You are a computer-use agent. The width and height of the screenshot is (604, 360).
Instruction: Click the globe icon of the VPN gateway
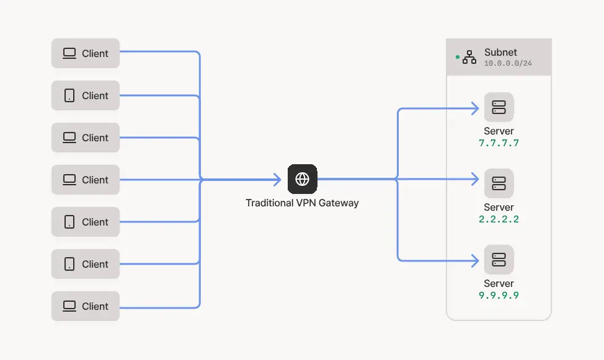tap(303, 179)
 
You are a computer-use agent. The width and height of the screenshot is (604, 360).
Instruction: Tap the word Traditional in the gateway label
tap(270, 203)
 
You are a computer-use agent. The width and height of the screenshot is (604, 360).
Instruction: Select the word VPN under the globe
tap(306, 203)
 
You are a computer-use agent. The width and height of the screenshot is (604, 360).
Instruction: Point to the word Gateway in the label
tap(339, 203)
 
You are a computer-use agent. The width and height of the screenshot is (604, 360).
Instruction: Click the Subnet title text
tap(500, 53)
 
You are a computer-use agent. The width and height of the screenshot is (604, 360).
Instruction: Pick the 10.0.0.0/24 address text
tap(508, 63)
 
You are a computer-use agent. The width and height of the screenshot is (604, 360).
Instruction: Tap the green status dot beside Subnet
tap(458, 57)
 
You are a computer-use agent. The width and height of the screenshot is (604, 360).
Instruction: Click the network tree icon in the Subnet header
tap(469, 57)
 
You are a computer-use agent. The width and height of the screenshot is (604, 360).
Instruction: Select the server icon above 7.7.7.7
tap(499, 107)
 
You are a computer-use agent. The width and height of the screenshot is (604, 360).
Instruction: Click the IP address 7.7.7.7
tap(499, 143)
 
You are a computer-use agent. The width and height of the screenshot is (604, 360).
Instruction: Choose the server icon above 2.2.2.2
tap(499, 183)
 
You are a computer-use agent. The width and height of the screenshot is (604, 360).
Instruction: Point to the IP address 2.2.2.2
tap(499, 219)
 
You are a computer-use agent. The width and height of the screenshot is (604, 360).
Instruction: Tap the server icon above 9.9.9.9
tap(499, 260)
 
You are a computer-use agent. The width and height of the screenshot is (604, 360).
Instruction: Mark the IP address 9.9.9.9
tap(499, 296)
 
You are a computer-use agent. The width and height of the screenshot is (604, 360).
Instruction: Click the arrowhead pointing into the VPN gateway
tap(278, 180)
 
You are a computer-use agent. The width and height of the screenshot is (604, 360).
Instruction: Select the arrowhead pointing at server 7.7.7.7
tap(476, 108)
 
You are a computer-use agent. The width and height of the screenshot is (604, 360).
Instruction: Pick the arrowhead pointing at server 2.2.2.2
tap(476, 179)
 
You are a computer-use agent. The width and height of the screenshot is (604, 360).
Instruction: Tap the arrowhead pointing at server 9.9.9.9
tap(476, 261)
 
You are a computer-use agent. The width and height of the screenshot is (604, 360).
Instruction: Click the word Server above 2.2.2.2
tap(499, 207)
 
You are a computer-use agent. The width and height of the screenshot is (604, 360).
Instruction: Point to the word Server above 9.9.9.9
tap(499, 283)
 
